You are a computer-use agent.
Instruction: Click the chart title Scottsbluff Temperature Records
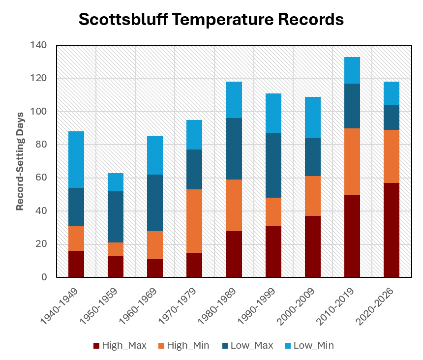(211, 19)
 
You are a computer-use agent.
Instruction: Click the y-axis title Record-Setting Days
(20, 161)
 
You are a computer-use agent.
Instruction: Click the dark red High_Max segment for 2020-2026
(391, 230)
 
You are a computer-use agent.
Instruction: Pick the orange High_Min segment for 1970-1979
(194, 221)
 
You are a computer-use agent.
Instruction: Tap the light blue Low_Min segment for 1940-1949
(76, 160)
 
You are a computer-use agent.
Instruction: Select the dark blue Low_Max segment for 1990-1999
(273, 165)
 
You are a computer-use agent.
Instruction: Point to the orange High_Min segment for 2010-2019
(352, 161)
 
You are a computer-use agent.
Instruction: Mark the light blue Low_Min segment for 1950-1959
(116, 182)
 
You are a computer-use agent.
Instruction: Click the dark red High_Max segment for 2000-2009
(312, 246)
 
